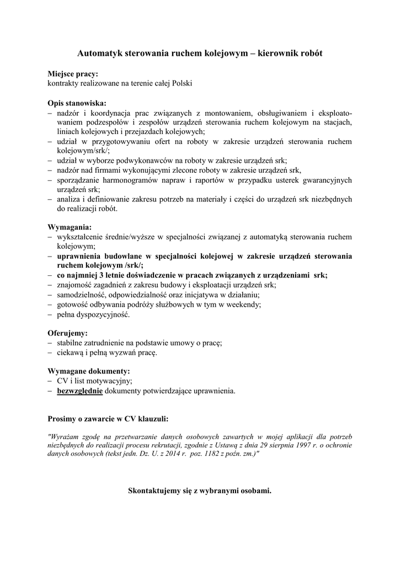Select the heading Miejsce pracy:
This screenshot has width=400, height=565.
click(73, 74)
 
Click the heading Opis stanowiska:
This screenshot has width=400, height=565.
click(77, 103)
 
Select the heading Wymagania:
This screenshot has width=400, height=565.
click(70, 227)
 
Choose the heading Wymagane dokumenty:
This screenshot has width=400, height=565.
click(89, 371)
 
